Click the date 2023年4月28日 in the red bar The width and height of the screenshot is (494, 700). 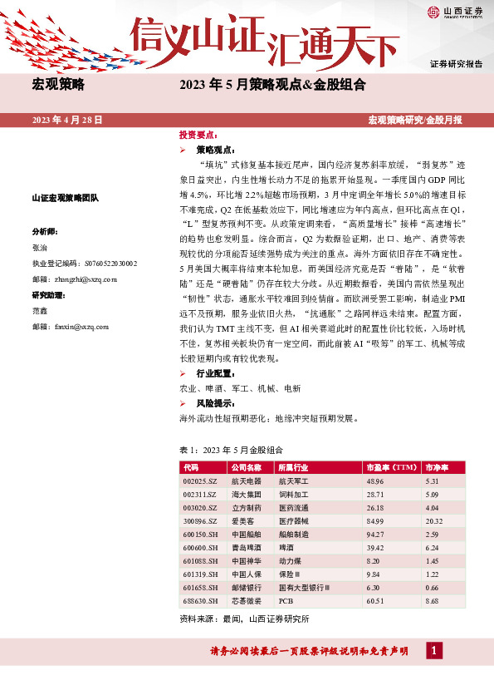coord(66,121)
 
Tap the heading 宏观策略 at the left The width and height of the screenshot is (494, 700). coord(59,84)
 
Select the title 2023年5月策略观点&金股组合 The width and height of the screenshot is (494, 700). coord(272,84)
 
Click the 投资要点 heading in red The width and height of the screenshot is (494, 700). coord(198,135)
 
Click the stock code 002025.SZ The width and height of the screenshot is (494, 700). coord(200,482)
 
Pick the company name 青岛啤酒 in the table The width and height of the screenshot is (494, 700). coord(246,549)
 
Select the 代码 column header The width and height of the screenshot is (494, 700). coord(192,468)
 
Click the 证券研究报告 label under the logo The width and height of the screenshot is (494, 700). coord(456,64)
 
